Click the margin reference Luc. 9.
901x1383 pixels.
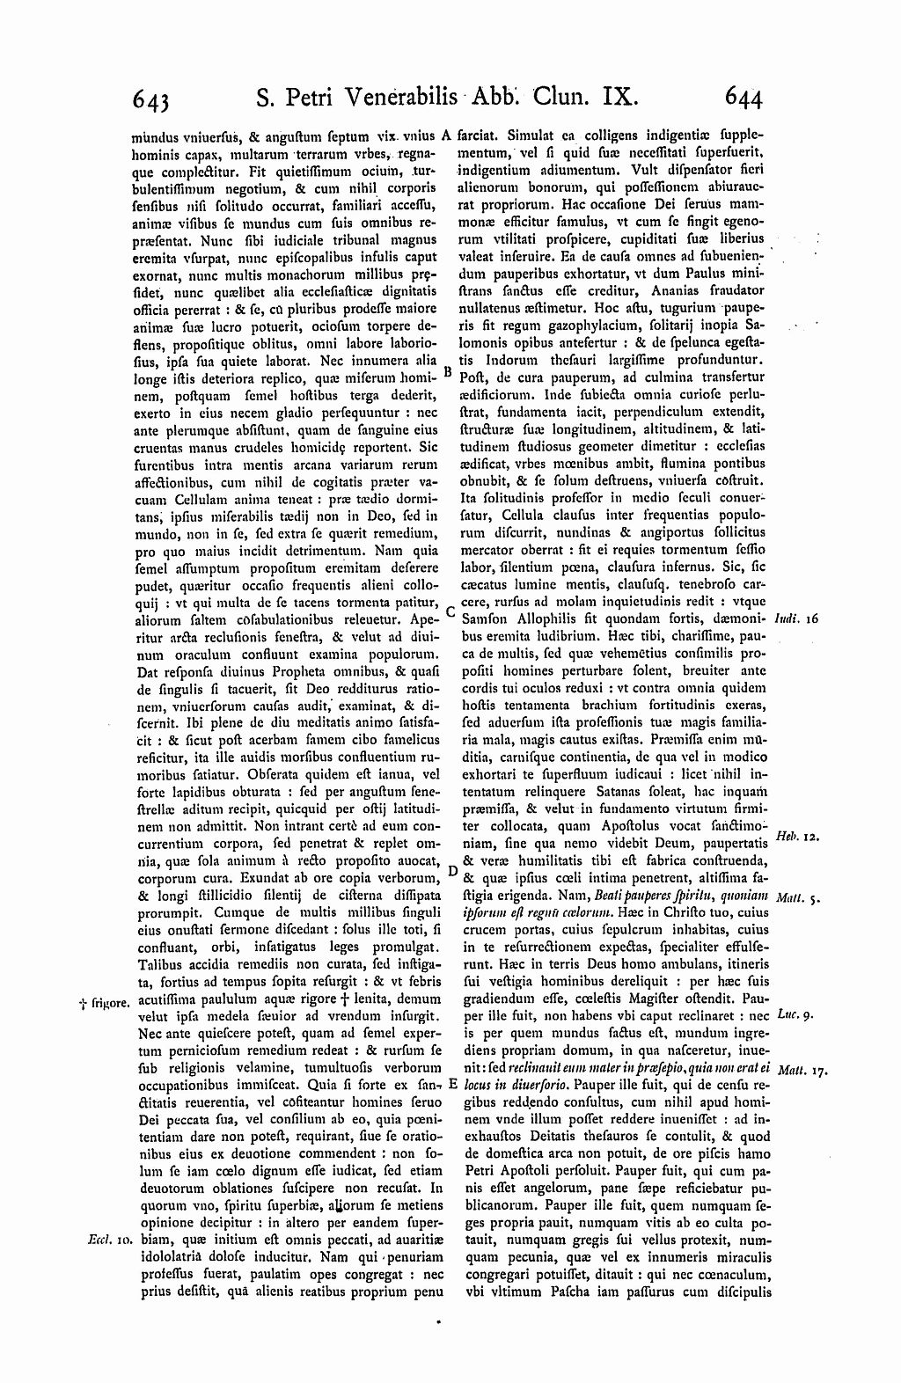point(795,1014)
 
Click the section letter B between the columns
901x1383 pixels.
point(447,371)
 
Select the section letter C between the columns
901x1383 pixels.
point(449,610)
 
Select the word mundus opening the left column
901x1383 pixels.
point(151,136)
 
